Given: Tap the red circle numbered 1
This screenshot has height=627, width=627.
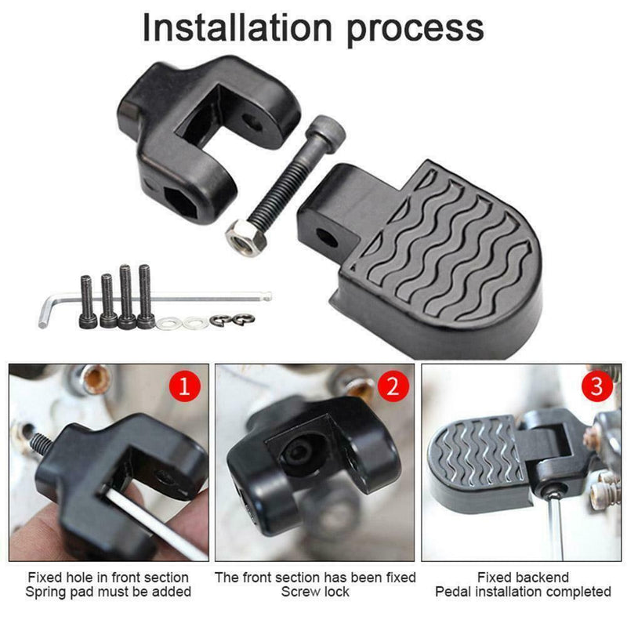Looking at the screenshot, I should [x=185, y=386].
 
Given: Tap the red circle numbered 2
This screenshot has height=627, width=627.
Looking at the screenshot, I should [x=392, y=386].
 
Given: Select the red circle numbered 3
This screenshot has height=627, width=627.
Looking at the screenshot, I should [x=597, y=386].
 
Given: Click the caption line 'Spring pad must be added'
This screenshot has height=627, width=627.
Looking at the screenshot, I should [x=109, y=592].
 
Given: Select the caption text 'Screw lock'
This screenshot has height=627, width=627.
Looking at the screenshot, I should [x=315, y=592].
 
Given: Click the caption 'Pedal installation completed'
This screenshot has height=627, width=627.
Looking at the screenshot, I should [x=523, y=592].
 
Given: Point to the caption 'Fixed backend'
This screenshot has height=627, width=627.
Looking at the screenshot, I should [x=523, y=578].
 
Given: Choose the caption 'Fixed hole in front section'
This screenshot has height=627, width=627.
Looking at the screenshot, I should [x=109, y=578].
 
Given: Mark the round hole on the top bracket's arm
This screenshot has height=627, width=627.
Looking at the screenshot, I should [x=252, y=122].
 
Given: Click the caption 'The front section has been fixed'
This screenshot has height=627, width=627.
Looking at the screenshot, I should [x=315, y=578].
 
